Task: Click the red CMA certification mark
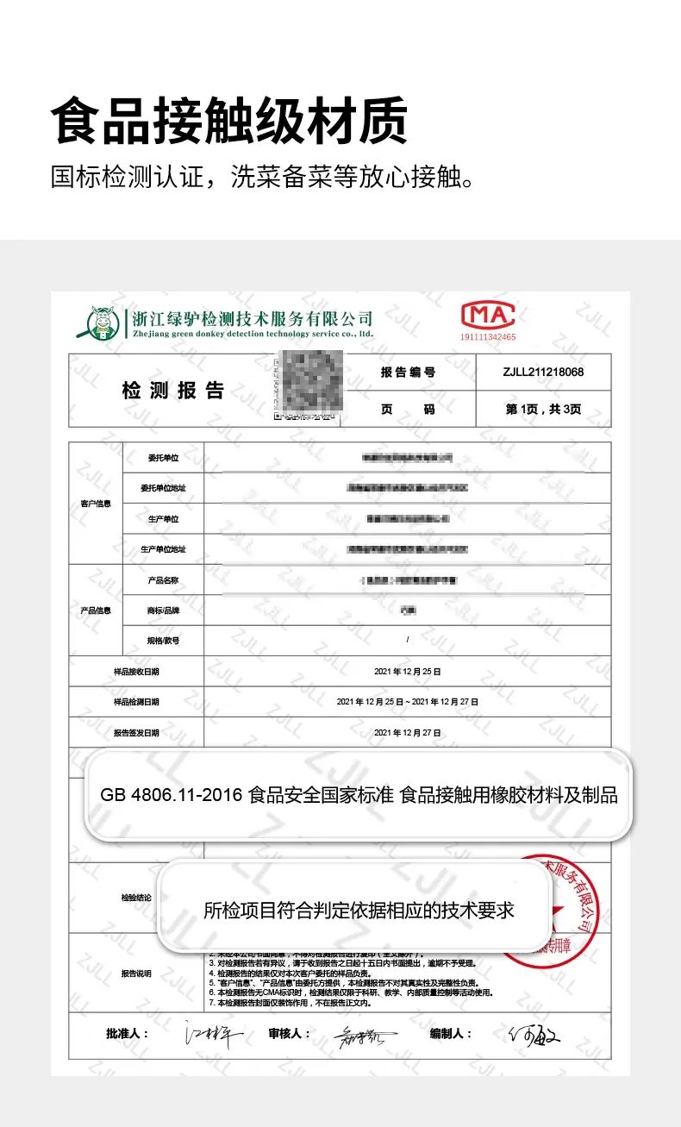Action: click(487, 315)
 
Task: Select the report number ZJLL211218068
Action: click(543, 373)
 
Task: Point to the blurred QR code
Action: click(309, 385)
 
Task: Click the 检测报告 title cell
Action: click(172, 391)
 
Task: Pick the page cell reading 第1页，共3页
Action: click(543, 409)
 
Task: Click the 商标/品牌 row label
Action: click(164, 610)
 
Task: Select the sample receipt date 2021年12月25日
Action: click(408, 671)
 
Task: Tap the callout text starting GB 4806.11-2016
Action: click(359, 795)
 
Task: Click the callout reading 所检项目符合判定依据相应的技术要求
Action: click(359, 910)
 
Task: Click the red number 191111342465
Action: click(488, 337)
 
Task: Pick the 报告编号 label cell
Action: click(408, 373)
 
